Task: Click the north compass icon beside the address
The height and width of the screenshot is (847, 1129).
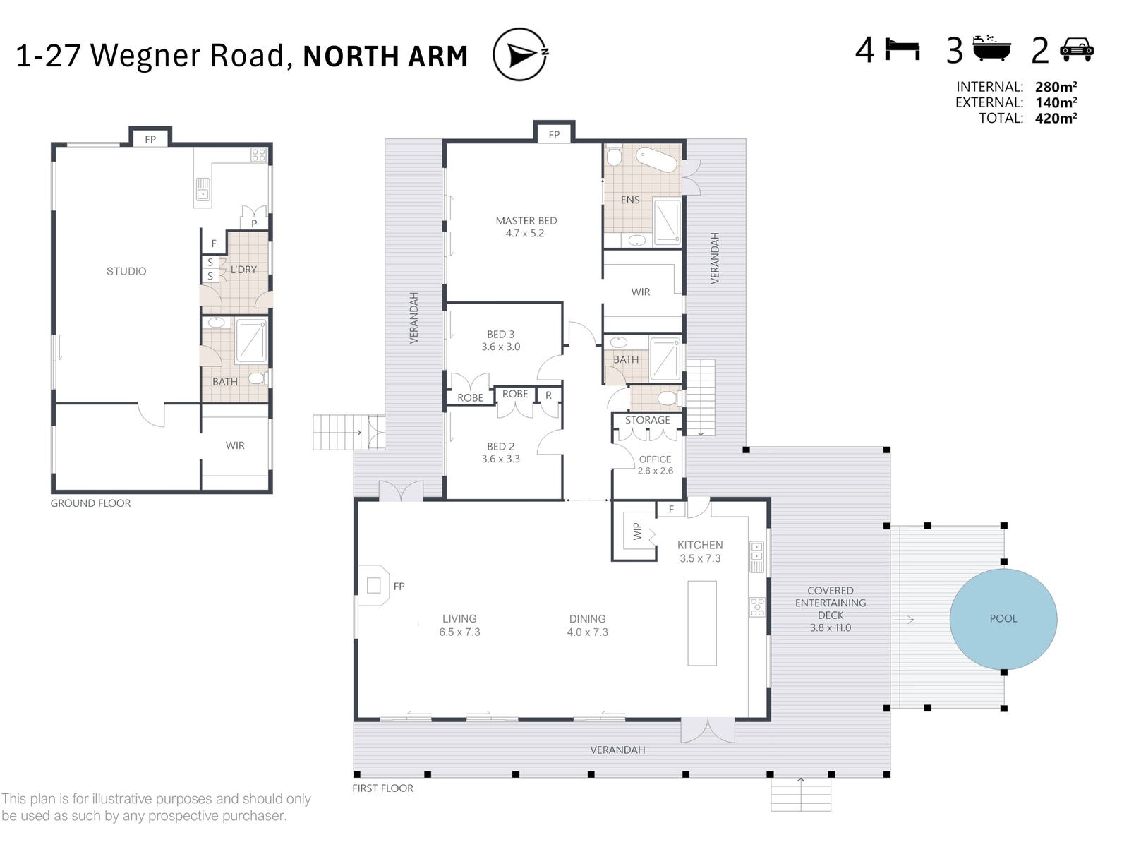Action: [520, 54]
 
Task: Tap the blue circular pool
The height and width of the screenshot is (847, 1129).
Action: [1003, 619]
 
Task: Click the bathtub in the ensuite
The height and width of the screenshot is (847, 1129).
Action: [656, 160]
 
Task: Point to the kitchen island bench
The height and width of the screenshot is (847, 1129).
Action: [702, 623]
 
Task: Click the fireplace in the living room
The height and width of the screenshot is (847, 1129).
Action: [375, 585]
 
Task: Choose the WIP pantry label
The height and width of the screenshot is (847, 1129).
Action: [637, 531]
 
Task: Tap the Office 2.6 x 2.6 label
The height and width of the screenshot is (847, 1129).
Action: [655, 464]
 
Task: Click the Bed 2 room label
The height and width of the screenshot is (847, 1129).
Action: [501, 452]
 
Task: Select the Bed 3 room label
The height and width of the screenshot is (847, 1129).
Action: [501, 340]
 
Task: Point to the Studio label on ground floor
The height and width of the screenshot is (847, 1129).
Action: [126, 271]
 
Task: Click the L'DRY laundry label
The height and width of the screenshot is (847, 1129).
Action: [243, 270]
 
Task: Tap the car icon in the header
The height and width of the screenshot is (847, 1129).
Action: [1076, 50]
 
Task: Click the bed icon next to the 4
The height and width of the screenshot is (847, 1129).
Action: [902, 50]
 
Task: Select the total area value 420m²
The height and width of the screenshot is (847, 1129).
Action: [1056, 119]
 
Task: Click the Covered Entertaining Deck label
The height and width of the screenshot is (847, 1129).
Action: [831, 608]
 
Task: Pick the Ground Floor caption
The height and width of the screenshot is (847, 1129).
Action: [90, 503]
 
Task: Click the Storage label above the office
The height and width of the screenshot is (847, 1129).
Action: [647, 420]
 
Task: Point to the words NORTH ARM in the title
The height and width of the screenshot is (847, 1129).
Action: [385, 56]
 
